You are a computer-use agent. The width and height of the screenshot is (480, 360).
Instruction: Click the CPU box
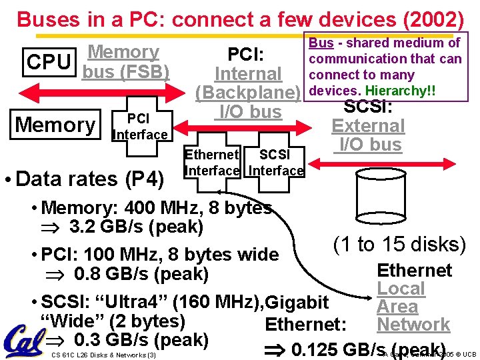(49, 62)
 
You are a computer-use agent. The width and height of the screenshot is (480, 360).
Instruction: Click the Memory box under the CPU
(56, 125)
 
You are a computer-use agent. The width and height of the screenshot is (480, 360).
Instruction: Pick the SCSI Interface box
(276, 163)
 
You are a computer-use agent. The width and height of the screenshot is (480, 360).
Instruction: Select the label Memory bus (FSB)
(125, 61)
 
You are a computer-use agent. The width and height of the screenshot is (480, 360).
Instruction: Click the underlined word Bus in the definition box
(321, 43)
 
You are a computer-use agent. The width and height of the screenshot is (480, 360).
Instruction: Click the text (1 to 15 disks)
(399, 245)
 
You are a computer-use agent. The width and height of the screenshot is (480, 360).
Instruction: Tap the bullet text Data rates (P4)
(89, 179)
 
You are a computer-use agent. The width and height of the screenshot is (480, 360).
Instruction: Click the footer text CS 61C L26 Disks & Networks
(103, 354)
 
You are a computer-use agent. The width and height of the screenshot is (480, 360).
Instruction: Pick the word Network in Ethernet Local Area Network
(413, 325)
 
